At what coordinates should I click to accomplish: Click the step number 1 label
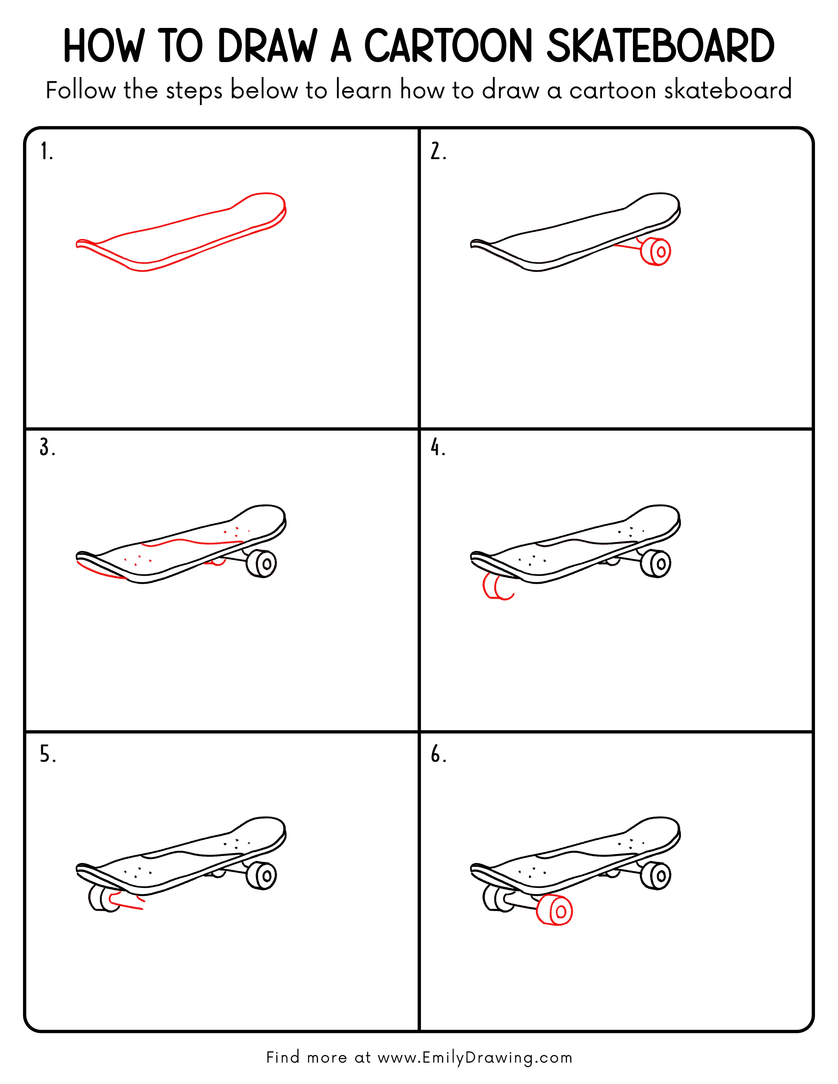point(46,151)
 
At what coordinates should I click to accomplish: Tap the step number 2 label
point(438,151)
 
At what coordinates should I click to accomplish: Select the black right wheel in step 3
point(262,563)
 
